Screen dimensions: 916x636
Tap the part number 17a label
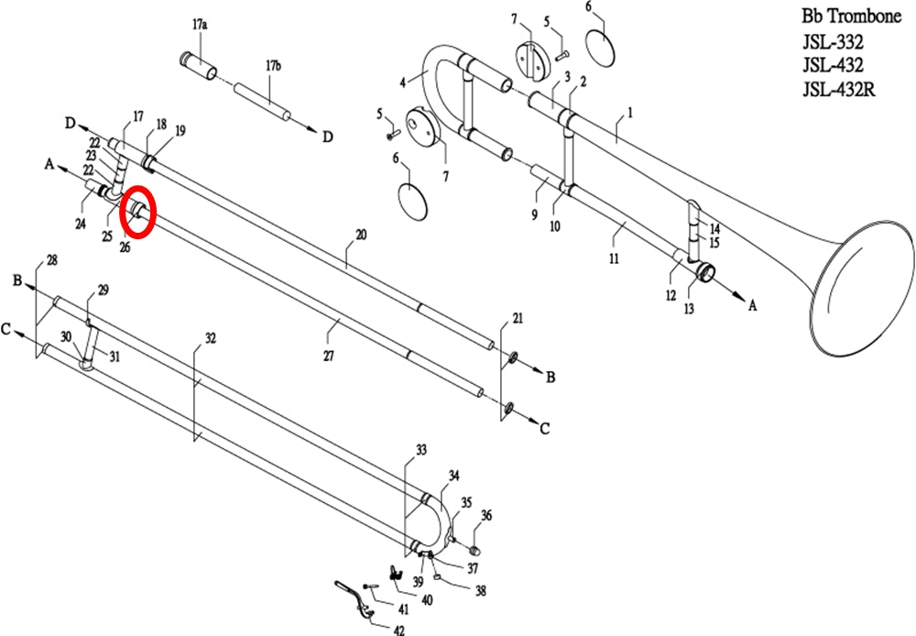[200, 25]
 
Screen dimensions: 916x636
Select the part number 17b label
[273, 65]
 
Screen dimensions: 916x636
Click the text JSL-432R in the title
[838, 89]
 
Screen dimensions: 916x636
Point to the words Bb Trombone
[851, 16]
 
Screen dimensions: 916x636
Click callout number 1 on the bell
[630, 112]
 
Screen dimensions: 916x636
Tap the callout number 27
[329, 356]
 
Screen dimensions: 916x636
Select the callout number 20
[361, 235]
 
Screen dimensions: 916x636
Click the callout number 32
[211, 338]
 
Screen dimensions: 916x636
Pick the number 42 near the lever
[398, 630]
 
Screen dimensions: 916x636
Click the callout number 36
[486, 515]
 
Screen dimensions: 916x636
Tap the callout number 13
[690, 308]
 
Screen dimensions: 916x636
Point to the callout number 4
[402, 82]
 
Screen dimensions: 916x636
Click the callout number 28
[52, 260]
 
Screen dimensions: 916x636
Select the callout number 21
[518, 318]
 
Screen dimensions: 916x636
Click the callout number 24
[81, 224]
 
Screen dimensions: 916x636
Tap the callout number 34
[454, 476]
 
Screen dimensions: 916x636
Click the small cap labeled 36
[474, 550]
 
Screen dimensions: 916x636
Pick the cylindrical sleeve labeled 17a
[198, 65]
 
